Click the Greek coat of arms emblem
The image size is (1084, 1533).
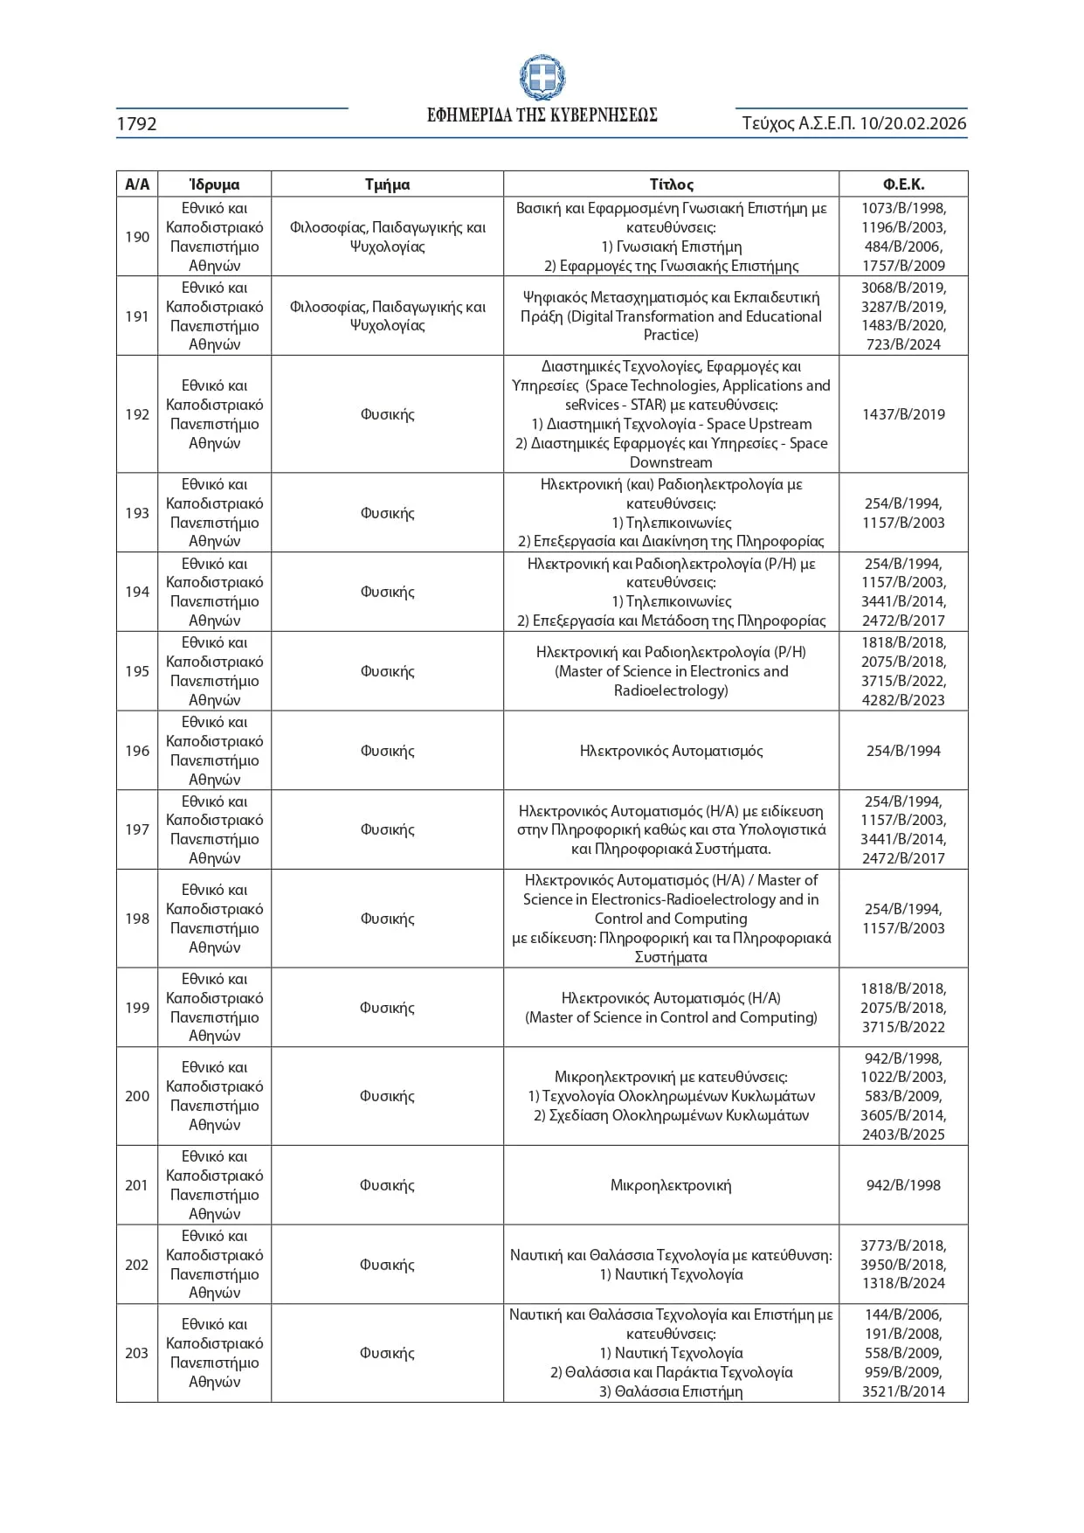[542, 78]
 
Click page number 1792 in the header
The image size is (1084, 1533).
[137, 124]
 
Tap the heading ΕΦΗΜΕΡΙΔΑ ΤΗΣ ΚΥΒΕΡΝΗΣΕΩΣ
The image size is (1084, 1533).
[542, 115]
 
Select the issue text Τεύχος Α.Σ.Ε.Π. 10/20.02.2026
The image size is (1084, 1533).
[853, 123]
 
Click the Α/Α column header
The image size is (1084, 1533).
[137, 184]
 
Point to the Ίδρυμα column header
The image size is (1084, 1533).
[214, 184]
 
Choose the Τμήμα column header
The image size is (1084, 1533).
[387, 184]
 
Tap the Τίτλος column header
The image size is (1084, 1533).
[671, 184]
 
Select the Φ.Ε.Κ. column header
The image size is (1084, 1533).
[903, 184]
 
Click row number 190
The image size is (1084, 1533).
[137, 237]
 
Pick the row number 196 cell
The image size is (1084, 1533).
[137, 751]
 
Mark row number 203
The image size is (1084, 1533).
[137, 1353]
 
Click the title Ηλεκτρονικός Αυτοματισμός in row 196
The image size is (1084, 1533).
[671, 751]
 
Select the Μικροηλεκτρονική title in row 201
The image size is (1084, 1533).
[671, 1185]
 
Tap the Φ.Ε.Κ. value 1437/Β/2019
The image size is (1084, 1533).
[903, 414]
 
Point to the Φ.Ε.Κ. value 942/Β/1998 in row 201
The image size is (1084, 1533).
[903, 1185]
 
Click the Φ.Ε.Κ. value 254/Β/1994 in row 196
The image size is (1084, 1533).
[903, 751]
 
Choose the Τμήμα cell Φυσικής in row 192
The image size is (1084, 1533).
[387, 414]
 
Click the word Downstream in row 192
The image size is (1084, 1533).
[671, 462]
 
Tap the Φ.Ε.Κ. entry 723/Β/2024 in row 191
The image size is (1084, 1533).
[903, 344]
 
